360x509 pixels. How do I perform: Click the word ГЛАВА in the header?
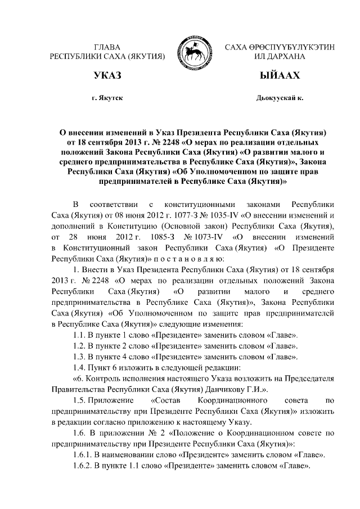[107, 46]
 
